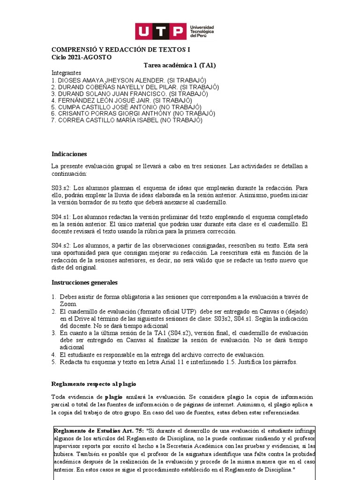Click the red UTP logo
(x=160, y=31)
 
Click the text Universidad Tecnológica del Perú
(x=202, y=31)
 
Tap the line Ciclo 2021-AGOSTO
(x=81, y=57)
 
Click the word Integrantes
(x=66, y=73)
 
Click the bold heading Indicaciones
(x=69, y=154)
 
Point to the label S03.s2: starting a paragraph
(x=60, y=187)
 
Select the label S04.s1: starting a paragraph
(x=61, y=217)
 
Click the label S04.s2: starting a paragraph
(x=61, y=246)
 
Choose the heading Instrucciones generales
(x=84, y=282)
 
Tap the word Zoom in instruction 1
(x=67, y=304)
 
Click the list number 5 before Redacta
(x=54, y=361)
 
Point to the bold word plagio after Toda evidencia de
(x=114, y=397)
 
